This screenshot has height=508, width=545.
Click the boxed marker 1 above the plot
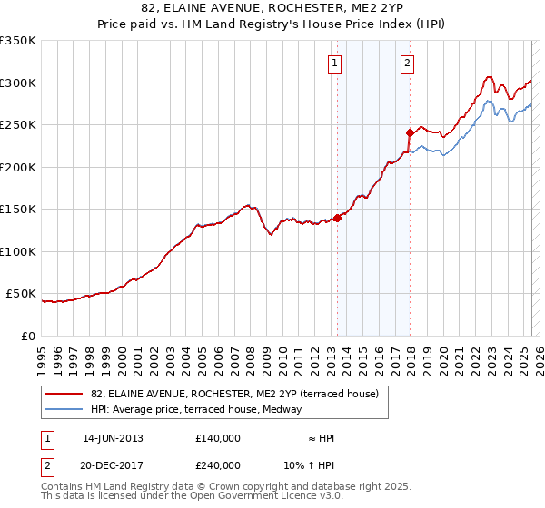pyautogui.click(x=335, y=63)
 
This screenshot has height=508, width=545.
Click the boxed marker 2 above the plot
pyautogui.click(x=406, y=63)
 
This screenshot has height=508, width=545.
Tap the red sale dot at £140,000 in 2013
pyautogui.click(x=337, y=218)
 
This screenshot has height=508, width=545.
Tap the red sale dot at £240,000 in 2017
pyautogui.click(x=410, y=133)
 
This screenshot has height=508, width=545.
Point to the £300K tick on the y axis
pyautogui.click(x=18, y=83)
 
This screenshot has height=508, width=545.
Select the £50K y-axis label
pyautogui.click(x=22, y=294)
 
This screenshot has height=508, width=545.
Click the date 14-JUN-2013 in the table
pyautogui.click(x=114, y=438)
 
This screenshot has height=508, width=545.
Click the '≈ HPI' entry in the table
pyautogui.click(x=322, y=438)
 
